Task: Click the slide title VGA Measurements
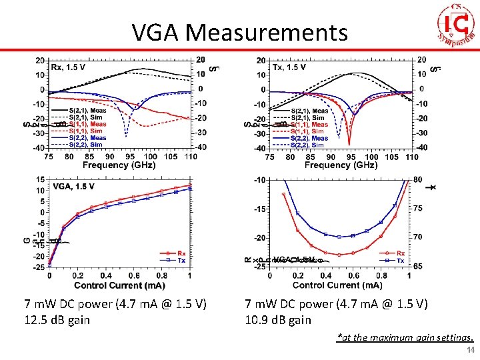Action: pyautogui.click(x=240, y=32)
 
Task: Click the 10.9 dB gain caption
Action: pyautogui.click(x=278, y=319)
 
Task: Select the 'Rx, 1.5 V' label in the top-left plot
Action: pyautogui.click(x=68, y=67)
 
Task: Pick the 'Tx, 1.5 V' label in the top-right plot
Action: pyautogui.click(x=289, y=67)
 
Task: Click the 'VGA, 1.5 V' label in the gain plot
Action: pyautogui.click(x=73, y=187)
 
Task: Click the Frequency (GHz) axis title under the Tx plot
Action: pyautogui.click(x=341, y=165)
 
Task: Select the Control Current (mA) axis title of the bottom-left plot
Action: pyautogui.click(x=120, y=285)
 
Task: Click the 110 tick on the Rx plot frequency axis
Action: pyautogui.click(x=190, y=157)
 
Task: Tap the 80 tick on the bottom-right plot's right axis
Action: pyautogui.click(x=418, y=179)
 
